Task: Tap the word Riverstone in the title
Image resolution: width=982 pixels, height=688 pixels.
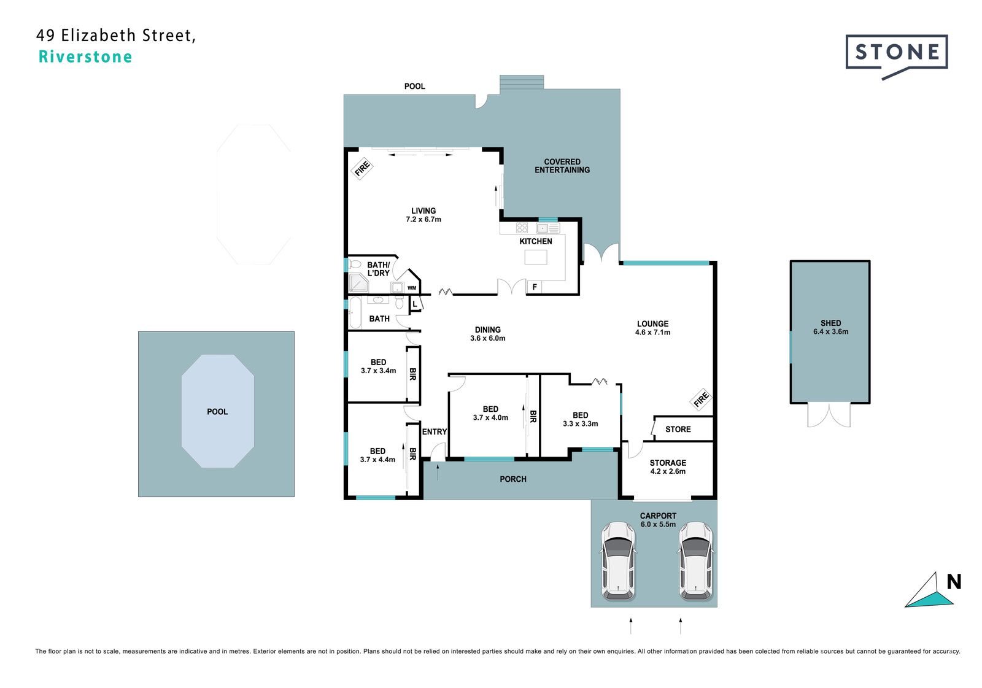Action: coord(85,57)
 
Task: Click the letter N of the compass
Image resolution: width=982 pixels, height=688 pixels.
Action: coord(954,582)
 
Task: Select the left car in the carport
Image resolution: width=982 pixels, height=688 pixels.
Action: coord(618,560)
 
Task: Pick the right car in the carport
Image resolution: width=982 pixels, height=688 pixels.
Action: coord(696,560)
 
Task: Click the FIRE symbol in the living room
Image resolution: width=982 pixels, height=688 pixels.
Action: coord(362,168)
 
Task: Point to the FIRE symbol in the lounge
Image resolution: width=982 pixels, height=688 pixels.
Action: coord(701,400)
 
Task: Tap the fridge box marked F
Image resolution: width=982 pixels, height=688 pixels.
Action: coord(535,287)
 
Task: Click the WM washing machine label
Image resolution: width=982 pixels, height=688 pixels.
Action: coord(412,288)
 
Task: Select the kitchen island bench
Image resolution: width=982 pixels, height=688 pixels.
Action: coord(536,257)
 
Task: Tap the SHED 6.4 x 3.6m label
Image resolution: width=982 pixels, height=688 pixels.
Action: coord(831,328)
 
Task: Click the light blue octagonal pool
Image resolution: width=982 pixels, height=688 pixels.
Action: coord(218,411)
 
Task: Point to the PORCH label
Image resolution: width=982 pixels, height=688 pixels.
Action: coord(513,479)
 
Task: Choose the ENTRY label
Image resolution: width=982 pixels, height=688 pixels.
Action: coord(435,432)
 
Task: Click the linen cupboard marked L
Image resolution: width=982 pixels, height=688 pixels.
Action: coord(415,304)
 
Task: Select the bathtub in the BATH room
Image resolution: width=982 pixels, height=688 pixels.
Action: coord(355,312)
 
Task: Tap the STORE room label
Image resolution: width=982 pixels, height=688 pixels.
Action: coord(678,429)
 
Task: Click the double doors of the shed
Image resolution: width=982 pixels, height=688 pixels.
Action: coord(829,415)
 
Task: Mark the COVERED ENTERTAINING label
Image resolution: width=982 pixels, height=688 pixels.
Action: coord(562,166)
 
